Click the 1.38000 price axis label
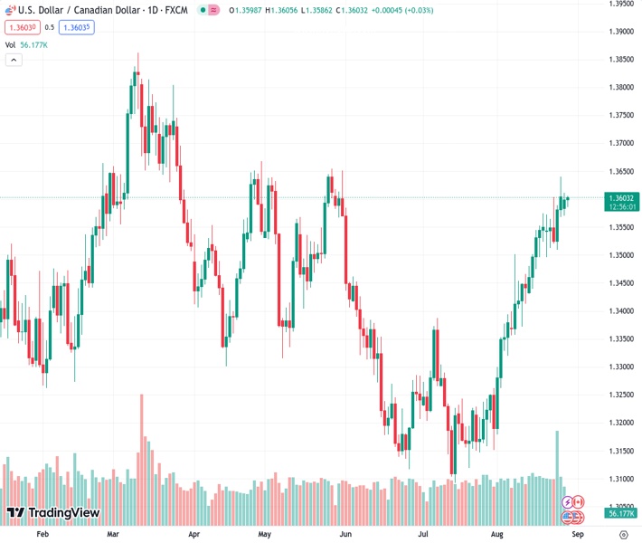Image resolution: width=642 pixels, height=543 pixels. [x=620, y=88]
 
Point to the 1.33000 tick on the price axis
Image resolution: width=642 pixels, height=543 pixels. [x=620, y=367]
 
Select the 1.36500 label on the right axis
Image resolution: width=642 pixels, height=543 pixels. [x=620, y=171]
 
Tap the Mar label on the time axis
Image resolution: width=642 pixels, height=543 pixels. [x=113, y=535]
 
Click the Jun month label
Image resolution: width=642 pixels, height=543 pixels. [x=345, y=535]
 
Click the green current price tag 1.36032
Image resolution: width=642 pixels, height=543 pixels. [x=623, y=198]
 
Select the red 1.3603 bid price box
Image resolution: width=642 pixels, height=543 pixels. [x=22, y=27]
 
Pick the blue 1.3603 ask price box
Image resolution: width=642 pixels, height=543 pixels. [x=77, y=27]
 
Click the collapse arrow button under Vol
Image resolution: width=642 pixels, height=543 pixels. [x=14, y=60]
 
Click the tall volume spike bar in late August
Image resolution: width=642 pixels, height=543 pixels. [x=557, y=452]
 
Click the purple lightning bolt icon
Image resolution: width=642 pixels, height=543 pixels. [x=568, y=501]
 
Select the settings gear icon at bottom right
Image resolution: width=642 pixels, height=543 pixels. [x=623, y=535]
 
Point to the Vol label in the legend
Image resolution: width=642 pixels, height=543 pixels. [x=11, y=44]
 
